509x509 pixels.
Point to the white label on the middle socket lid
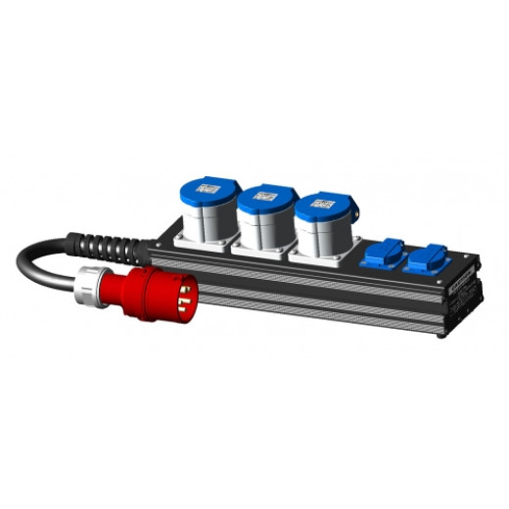tap(265, 197)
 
